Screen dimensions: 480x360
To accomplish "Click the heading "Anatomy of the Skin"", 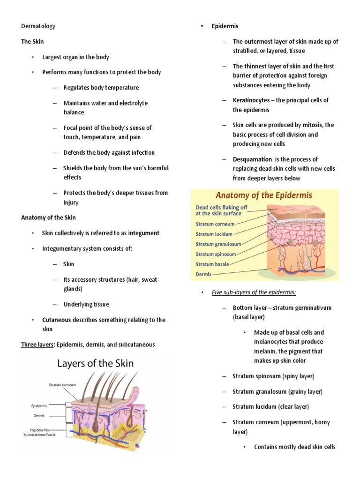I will pyautogui.click(x=48, y=217).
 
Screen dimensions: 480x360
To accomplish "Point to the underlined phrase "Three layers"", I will pyautogui.click(x=37, y=345).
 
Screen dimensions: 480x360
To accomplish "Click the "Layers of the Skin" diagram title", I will pyautogui.click(x=95, y=363).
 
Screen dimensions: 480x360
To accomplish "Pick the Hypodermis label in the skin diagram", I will pyautogui.click(x=37, y=429).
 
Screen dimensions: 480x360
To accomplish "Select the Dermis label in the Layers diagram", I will pyautogui.click(x=39, y=415).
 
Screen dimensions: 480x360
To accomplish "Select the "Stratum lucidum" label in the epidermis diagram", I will pyautogui.click(x=214, y=233).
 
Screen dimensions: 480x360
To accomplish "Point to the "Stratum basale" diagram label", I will pyautogui.click(x=212, y=264).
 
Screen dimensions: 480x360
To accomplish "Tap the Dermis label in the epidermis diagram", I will pyautogui.click(x=203, y=274).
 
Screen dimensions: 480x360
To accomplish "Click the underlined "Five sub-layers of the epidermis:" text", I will pyautogui.click(x=254, y=292).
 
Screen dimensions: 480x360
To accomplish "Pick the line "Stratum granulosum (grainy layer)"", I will pyautogui.click(x=277, y=391).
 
